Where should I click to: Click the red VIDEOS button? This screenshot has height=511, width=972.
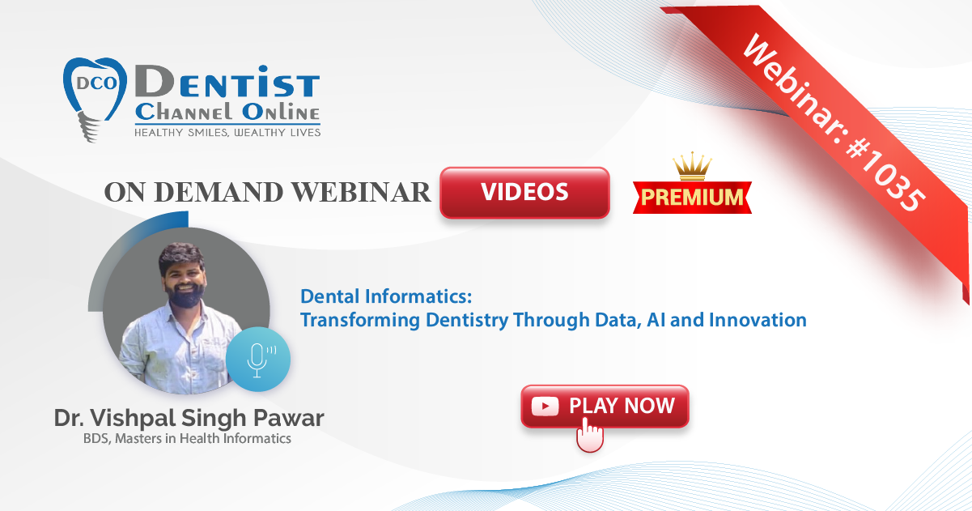tap(524, 192)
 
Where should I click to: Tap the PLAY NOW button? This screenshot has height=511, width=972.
tap(605, 407)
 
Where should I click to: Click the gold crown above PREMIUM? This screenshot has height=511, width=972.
tap(692, 166)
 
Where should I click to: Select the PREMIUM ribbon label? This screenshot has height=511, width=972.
tap(692, 198)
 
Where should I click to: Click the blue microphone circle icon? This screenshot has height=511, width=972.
tap(258, 360)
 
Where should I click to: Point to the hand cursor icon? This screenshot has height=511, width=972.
tap(590, 435)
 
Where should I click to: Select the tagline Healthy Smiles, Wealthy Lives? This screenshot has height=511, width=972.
tap(227, 133)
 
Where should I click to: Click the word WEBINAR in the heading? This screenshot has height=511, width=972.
tap(361, 192)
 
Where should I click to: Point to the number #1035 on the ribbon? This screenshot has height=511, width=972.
tap(886, 177)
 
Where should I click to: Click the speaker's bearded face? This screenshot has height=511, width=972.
tap(185, 278)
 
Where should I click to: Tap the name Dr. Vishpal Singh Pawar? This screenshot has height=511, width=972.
tap(189, 418)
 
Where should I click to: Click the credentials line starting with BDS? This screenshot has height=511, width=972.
tap(187, 438)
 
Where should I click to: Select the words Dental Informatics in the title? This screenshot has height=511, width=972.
tap(385, 296)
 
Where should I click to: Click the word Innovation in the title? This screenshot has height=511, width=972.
tap(758, 320)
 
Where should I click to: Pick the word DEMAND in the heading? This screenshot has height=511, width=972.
tap(219, 192)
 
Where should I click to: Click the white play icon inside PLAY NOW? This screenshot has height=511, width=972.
tap(545, 407)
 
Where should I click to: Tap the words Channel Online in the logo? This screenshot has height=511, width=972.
tap(227, 113)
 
